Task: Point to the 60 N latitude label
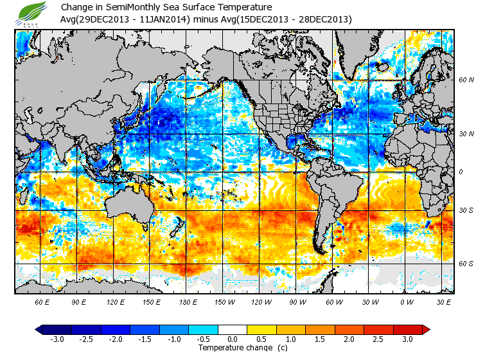pyautogui.click(x=466, y=80)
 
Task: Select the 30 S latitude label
pyautogui.click(x=466, y=210)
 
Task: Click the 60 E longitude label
pyautogui.click(x=42, y=301)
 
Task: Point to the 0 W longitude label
pyautogui.click(x=406, y=301)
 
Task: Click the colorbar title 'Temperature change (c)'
pyautogui.click(x=234, y=348)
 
